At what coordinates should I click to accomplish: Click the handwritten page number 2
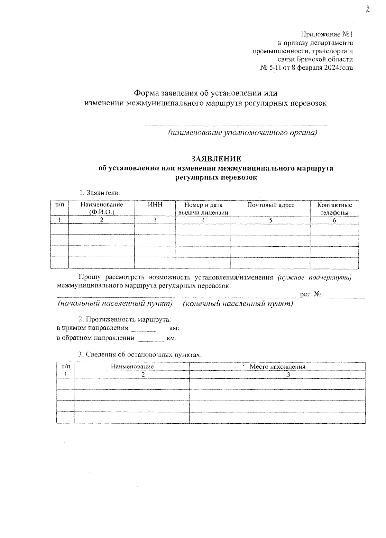coord(367,9)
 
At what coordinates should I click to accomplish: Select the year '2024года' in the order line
coord(338,68)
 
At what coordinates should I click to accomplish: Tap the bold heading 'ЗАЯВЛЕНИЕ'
coord(216,159)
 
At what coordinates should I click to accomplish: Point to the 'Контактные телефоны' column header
coord(335,209)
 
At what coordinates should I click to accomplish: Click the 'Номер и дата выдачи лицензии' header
coord(203,209)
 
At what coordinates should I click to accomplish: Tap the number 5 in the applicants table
coord(271,220)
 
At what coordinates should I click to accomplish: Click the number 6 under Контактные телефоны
coord(335,220)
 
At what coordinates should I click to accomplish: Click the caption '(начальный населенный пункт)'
coord(115,304)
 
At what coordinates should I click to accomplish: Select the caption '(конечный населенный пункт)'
coord(238,304)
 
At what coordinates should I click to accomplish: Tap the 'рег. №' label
coord(310,294)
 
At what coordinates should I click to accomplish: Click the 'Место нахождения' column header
coord(277,366)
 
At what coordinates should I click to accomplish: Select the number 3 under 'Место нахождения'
coord(289,375)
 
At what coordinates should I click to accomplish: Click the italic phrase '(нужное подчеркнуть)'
coord(314,278)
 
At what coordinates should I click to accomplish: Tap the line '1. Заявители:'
coord(100,193)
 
